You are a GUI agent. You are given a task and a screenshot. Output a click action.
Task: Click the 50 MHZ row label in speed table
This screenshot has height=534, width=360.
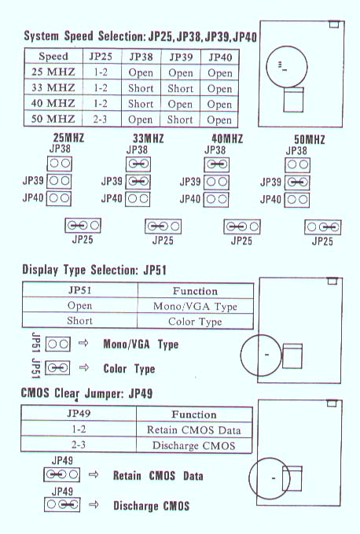coord(53,119)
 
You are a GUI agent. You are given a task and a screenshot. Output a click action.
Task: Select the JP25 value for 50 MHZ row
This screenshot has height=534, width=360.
coord(100,120)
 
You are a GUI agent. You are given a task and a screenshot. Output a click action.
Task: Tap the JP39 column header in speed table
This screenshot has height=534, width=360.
coord(181,57)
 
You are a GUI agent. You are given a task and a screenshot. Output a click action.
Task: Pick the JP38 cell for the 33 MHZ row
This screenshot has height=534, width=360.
coord(141,88)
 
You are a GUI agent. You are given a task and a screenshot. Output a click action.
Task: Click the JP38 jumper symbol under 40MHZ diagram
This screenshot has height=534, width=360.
coord(217,164)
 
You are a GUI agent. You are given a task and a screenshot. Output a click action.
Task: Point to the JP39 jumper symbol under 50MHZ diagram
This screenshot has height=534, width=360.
coord(297,182)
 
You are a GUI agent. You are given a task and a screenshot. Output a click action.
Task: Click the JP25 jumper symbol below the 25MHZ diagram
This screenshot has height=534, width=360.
coord(83,225)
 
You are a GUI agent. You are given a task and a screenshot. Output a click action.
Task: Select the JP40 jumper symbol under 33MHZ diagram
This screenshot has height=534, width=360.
coord(138,199)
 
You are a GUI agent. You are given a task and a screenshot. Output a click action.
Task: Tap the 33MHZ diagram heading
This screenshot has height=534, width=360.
coord(149,138)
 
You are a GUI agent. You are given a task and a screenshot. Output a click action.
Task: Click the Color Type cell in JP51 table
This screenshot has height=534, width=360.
coord(195,322)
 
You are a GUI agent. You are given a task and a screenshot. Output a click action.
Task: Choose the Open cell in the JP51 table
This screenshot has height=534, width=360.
coord(79,305)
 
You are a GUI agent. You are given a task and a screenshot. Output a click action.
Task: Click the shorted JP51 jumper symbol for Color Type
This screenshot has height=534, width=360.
coord(58,368)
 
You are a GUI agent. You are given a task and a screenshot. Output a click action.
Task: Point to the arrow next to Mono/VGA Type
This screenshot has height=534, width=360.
coord(83,343)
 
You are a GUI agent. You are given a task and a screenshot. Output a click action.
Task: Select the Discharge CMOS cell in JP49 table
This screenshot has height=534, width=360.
coord(193,445)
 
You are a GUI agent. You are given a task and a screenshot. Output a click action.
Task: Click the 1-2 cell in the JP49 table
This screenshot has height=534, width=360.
coord(79,429)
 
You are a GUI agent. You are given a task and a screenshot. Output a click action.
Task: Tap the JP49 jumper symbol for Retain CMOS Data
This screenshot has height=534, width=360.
coord(61,474)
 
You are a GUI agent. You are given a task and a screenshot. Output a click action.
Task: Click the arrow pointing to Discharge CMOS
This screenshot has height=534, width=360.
coord(94,504)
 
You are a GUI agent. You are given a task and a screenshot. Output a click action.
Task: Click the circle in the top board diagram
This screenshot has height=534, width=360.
coord(286,67)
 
